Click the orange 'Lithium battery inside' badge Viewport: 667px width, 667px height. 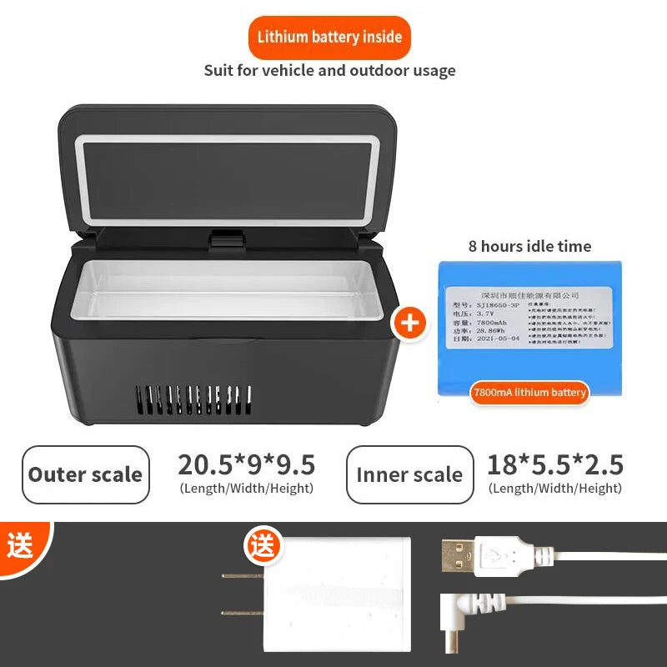pyautogui.click(x=329, y=37)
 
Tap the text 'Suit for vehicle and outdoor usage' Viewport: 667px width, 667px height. pyautogui.click(x=329, y=70)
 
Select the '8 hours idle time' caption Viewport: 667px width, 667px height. pyautogui.click(x=529, y=246)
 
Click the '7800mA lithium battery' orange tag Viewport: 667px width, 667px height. pyautogui.click(x=529, y=392)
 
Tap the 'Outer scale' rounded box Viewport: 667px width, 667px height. pyautogui.click(x=86, y=474)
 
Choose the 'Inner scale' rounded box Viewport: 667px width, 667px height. pyautogui.click(x=409, y=474)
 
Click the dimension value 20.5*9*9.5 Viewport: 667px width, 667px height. pyautogui.click(x=246, y=464)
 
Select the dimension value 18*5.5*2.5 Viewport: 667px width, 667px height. pyautogui.click(x=555, y=464)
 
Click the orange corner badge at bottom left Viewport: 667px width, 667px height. pyautogui.click(x=20, y=546)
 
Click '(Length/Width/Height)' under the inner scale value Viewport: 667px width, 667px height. pyautogui.click(x=555, y=489)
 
